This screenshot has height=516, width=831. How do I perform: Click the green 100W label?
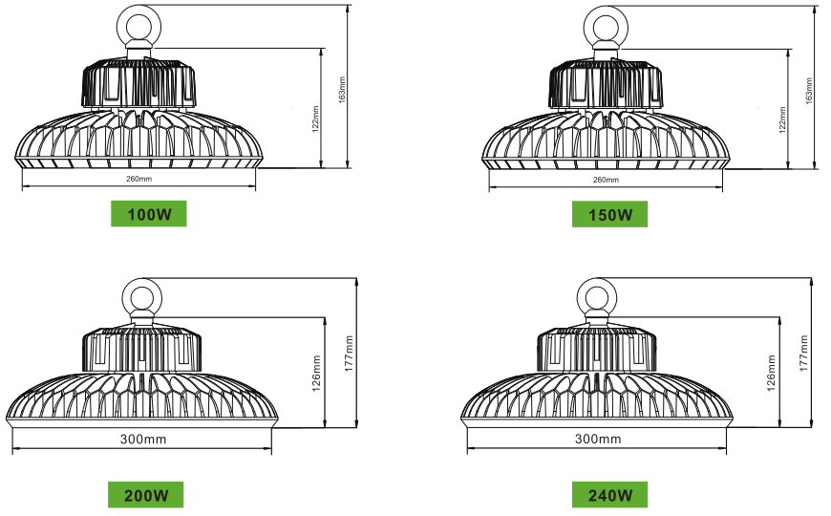(148, 214)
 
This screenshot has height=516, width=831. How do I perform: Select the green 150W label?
(609, 214)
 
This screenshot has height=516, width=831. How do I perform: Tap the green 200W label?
(146, 495)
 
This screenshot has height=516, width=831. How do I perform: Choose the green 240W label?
(609, 495)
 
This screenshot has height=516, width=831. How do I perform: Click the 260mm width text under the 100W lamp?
(138, 179)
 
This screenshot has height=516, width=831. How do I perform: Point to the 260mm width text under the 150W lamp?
(606, 180)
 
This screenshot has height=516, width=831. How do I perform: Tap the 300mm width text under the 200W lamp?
(143, 440)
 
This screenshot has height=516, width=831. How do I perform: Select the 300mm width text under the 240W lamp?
(598, 439)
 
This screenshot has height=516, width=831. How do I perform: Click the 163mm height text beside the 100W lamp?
(342, 90)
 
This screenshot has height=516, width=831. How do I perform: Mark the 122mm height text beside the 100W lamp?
(315, 118)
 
